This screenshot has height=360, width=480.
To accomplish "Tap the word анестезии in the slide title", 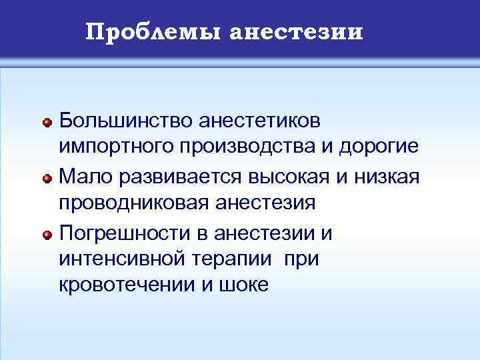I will [x=296, y=31].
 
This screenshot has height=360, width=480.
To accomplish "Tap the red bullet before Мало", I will [x=47, y=177].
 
